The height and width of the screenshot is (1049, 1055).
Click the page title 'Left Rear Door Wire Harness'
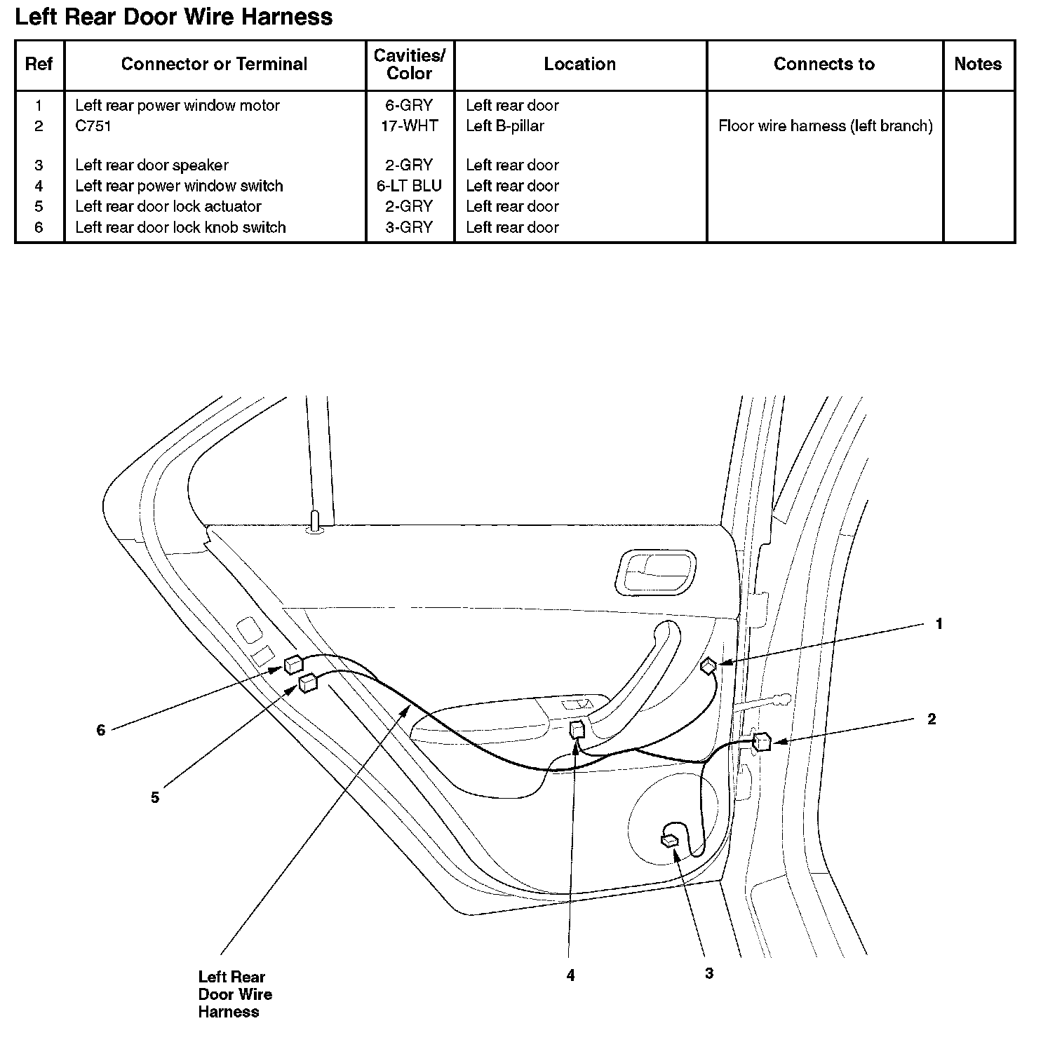point(173,17)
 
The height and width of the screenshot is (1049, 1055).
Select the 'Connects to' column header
point(824,65)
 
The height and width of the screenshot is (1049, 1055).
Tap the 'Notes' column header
point(977,65)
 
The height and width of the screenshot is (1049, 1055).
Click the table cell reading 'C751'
point(93,126)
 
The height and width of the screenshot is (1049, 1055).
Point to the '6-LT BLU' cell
point(410,186)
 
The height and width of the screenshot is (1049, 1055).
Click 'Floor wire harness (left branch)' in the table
point(825,126)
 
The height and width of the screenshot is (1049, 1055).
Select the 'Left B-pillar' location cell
point(504,126)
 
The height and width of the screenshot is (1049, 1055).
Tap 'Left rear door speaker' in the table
point(152,165)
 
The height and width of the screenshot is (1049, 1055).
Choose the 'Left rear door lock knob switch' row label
point(180,227)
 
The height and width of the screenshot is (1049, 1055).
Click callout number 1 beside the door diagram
point(939,624)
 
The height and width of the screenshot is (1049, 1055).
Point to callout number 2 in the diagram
point(931,719)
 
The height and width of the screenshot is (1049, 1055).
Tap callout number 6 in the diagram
point(101,731)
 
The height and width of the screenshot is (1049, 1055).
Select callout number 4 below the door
point(570,975)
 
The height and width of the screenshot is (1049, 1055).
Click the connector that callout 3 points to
point(670,839)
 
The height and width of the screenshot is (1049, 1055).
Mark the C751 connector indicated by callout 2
point(762,742)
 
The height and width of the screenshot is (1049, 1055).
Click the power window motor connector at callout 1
point(708,665)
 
